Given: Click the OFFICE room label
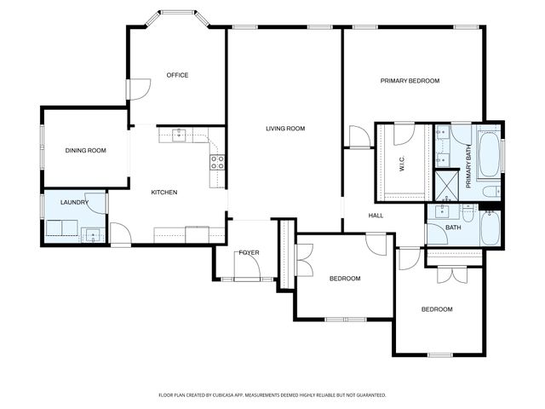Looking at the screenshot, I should (x=177, y=75).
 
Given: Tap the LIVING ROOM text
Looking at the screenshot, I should (x=285, y=129).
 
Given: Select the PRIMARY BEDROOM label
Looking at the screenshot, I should (x=410, y=81).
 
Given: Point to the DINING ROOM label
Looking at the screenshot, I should (x=85, y=151).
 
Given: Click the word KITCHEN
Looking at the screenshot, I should (x=164, y=193).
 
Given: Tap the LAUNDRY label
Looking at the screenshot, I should (x=74, y=203).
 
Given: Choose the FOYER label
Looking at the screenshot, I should (x=249, y=253).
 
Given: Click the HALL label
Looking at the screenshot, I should (x=376, y=216).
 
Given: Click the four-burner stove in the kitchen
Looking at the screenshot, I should (x=217, y=161).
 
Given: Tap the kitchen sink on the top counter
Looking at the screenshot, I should (x=179, y=134).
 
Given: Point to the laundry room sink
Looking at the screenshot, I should (x=93, y=234).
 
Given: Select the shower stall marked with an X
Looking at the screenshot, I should (x=446, y=181).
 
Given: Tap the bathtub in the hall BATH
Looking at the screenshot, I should (x=491, y=228).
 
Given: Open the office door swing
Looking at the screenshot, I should (x=139, y=88).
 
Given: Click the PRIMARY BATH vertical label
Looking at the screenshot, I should (x=468, y=163).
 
